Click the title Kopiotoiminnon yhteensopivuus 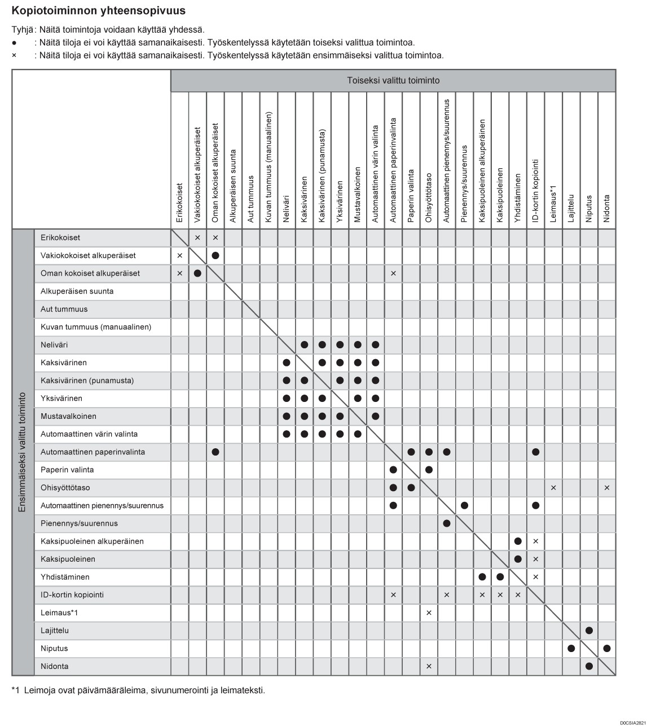[x=99, y=11]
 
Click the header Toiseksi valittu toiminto [x=393, y=81]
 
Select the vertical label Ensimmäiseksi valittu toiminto [x=23, y=452]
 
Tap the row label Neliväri [x=54, y=345]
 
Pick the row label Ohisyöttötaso [x=65, y=488]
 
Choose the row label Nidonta [x=55, y=667]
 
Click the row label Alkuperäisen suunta [x=77, y=291]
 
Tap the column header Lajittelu [x=571, y=208]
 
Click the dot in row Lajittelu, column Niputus [x=589, y=631]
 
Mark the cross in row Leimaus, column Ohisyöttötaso [x=429, y=613]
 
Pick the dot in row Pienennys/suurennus [x=447, y=524]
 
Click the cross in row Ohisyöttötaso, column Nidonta [x=607, y=488]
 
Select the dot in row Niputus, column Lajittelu [x=571, y=649]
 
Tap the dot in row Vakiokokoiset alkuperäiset [x=215, y=256]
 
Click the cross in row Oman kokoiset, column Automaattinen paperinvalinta [x=393, y=274]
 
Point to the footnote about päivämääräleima [x=138, y=690]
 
